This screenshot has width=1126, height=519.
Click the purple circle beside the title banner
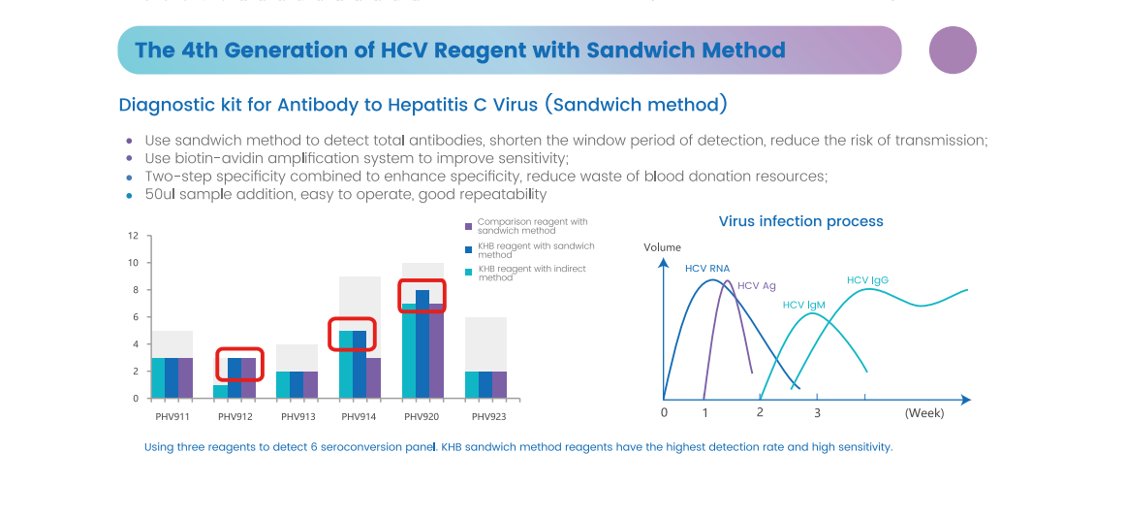pyautogui.click(x=953, y=50)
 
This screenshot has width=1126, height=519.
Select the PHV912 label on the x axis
pyautogui.click(x=235, y=417)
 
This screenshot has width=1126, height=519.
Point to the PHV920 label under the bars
pyautogui.click(x=422, y=417)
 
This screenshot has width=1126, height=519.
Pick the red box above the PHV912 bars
pyautogui.click(x=239, y=363)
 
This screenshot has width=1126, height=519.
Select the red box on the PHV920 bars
pyautogui.click(x=422, y=295)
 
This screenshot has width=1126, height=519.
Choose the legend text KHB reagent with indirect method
pyautogui.click(x=532, y=273)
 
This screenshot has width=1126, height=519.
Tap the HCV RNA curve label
pyautogui.click(x=707, y=268)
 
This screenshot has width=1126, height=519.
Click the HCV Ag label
pyautogui.click(x=757, y=285)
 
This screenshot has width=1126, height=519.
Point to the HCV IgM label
pyautogui.click(x=803, y=305)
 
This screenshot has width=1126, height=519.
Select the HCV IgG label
pyautogui.click(x=867, y=280)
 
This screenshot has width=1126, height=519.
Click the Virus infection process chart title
pyautogui.click(x=800, y=221)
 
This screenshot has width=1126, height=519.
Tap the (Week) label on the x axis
pyautogui.click(x=923, y=412)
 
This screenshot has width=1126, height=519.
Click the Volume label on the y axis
pyautogui.click(x=662, y=247)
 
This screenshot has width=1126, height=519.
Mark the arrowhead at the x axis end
pyautogui.click(x=965, y=399)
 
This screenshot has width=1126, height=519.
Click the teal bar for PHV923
pyautogui.click(x=472, y=384)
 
